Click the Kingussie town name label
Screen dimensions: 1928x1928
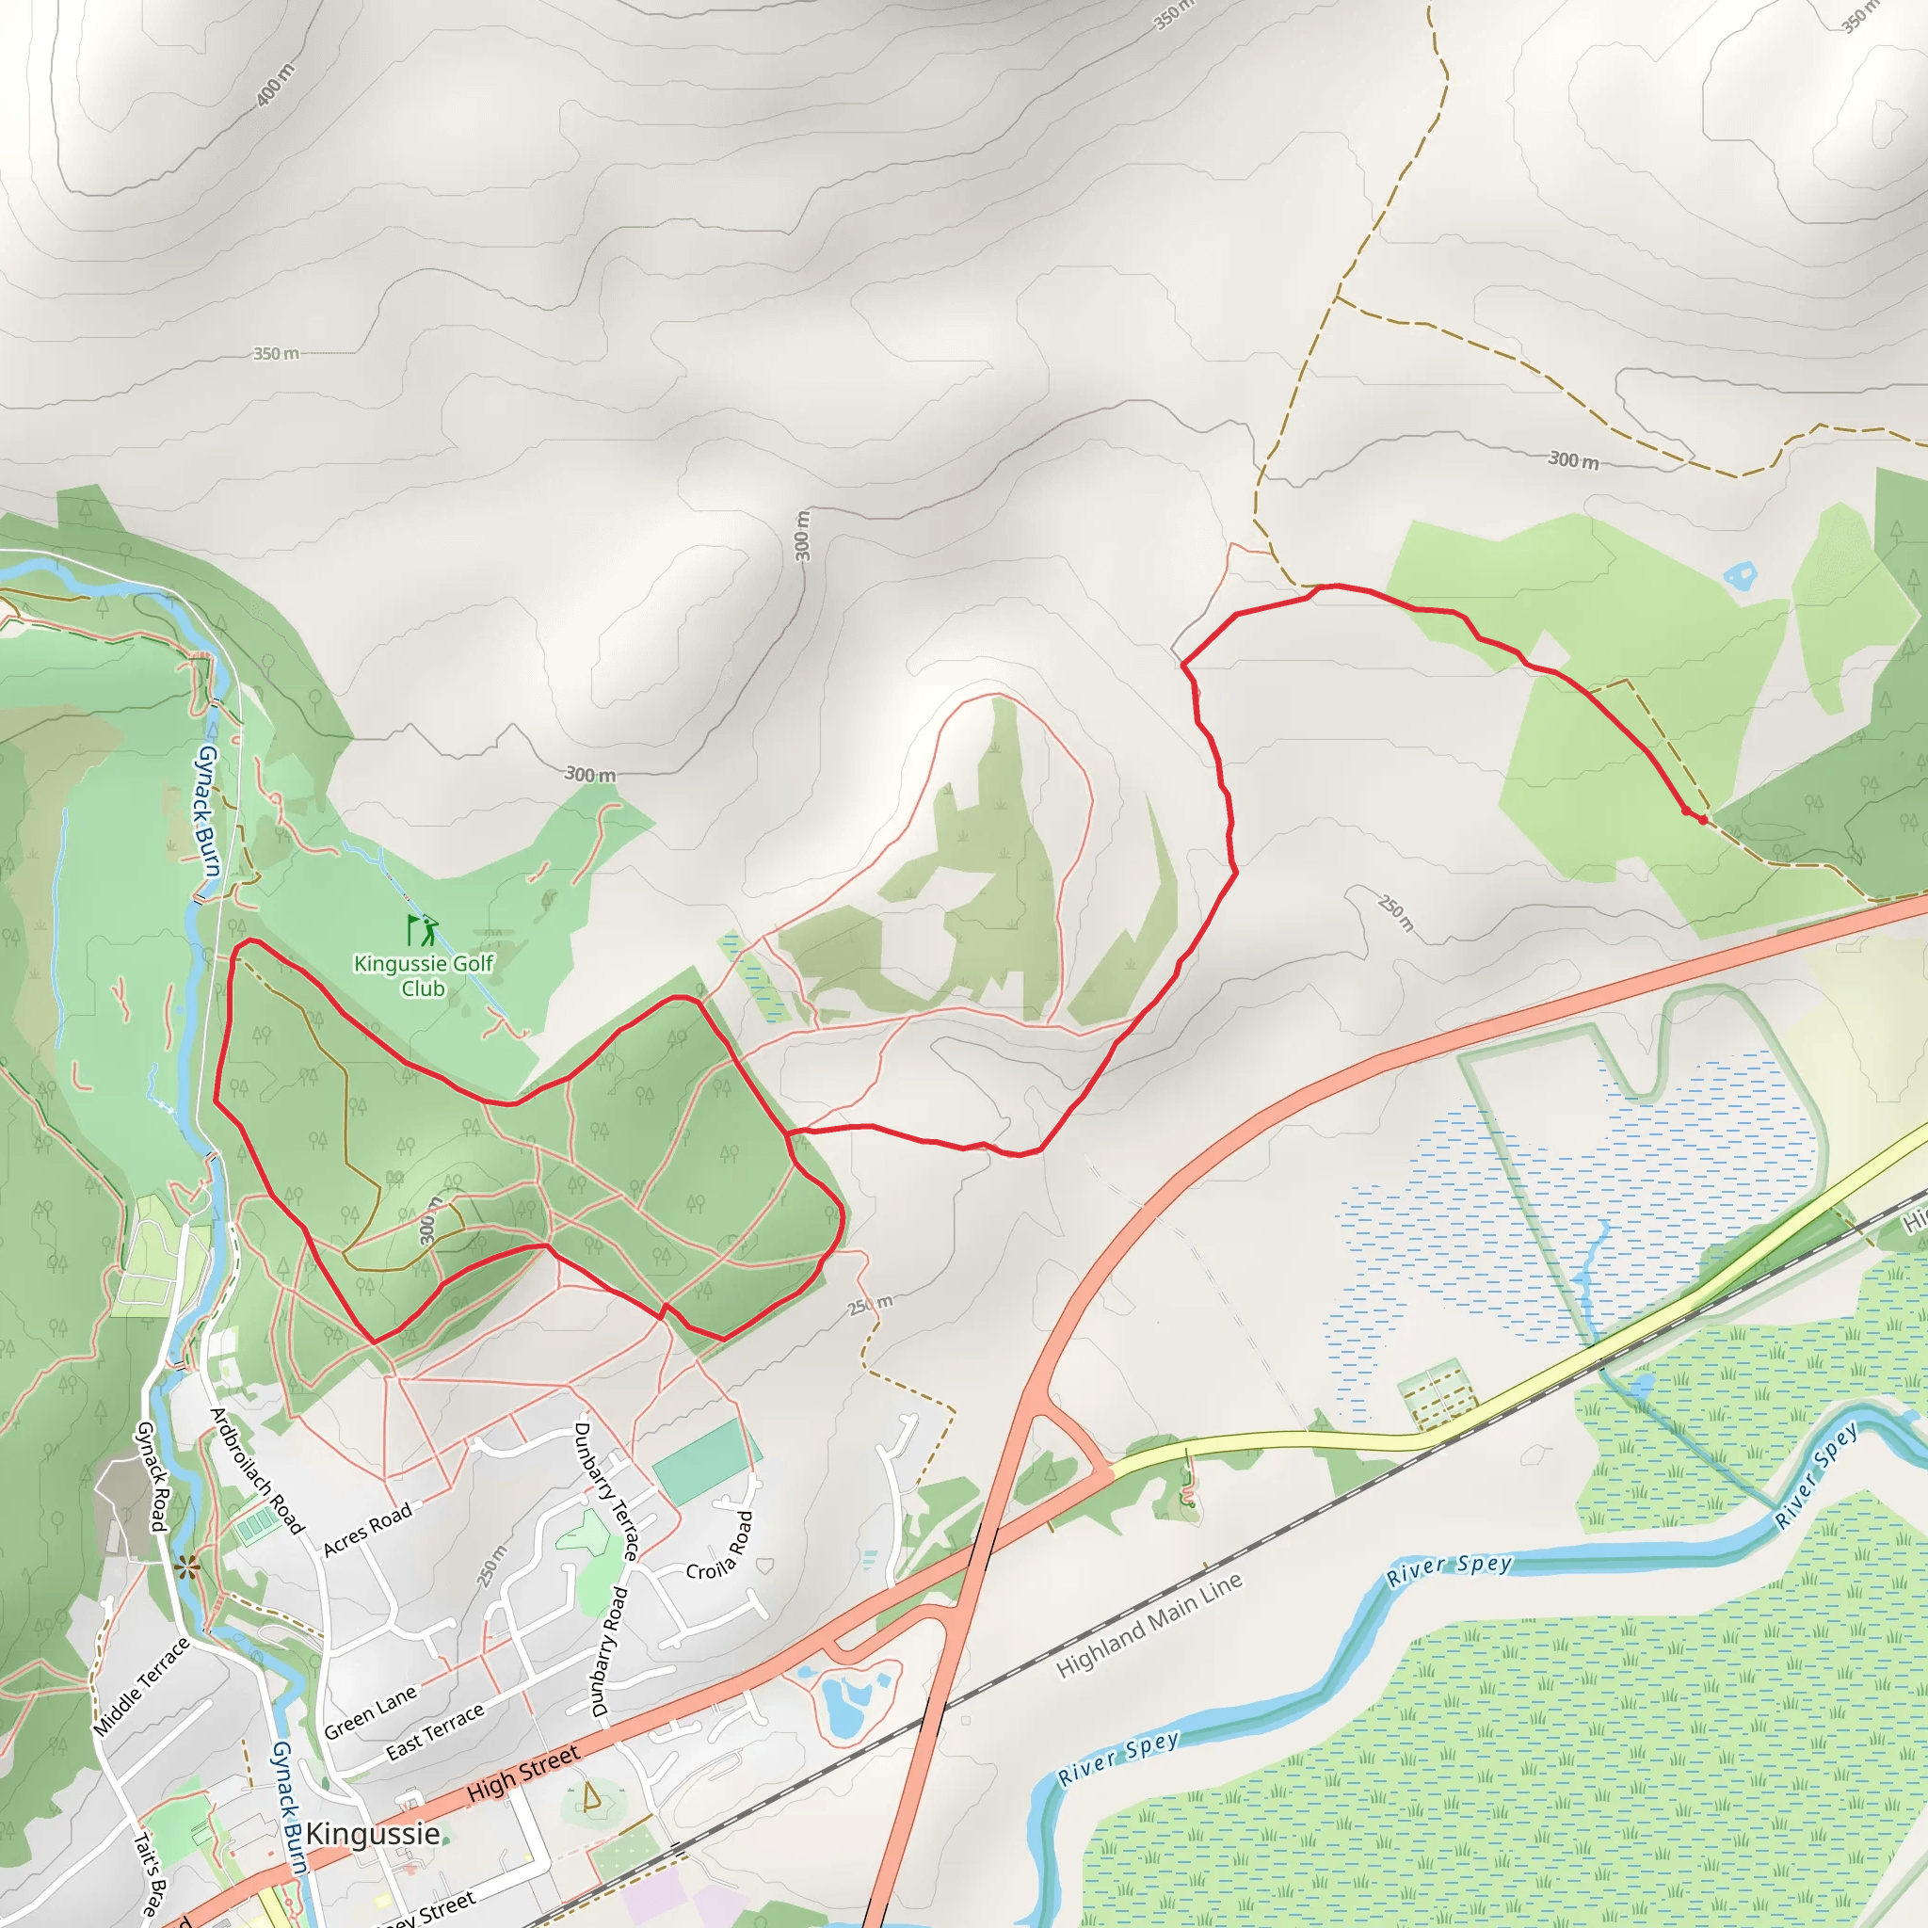372,1833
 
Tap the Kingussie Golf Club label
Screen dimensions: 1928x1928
423,976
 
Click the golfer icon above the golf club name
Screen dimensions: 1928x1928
422,930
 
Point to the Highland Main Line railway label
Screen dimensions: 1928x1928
1149,1625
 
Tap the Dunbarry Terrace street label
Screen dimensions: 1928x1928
605,1491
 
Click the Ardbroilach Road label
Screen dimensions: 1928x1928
255,1470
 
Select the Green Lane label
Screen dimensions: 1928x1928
370,1712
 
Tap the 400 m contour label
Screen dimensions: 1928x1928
276,85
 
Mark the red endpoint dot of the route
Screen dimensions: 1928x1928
1703,820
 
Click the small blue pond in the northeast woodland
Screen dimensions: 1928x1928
1741,575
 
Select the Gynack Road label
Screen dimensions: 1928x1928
151,1477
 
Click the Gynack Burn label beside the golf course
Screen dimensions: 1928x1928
207,811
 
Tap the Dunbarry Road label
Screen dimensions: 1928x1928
610,1650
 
